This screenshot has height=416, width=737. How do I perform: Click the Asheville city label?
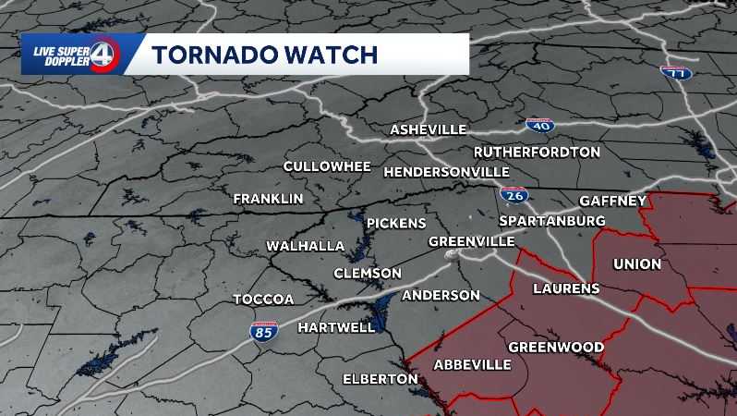click(x=428, y=129)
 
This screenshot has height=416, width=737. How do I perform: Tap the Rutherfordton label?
click(x=537, y=152)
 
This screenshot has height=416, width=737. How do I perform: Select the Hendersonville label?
click(x=446, y=172)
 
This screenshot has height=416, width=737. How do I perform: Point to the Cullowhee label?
click(x=327, y=166)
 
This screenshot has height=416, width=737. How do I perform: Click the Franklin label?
click(x=268, y=199)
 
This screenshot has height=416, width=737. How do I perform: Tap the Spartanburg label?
click(x=551, y=221)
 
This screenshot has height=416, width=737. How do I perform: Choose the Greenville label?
click(x=471, y=241)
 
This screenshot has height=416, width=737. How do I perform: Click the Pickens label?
click(x=396, y=224)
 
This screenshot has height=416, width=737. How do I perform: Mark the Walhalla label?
click(x=305, y=246)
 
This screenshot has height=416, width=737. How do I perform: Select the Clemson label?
click(x=367, y=274)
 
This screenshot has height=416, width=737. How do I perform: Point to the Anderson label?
click(x=441, y=296)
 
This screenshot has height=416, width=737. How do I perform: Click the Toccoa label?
click(x=263, y=300)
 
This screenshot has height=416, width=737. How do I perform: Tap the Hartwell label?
click(x=337, y=326)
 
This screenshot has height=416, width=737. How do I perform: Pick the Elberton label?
click(x=380, y=379)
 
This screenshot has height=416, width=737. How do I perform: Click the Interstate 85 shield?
click(x=263, y=331)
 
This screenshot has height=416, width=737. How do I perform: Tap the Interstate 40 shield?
click(x=539, y=125)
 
